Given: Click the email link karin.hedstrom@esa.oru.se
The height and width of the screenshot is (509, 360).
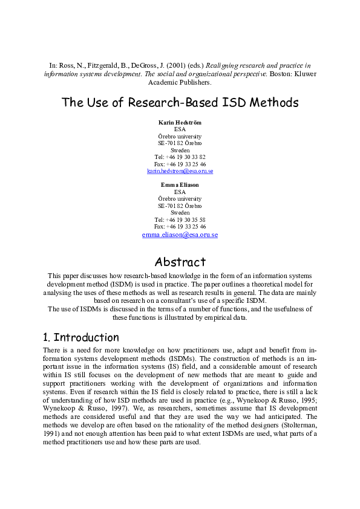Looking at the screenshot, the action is point(180,171).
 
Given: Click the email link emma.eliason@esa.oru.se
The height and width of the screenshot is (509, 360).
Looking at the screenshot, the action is point(180,235).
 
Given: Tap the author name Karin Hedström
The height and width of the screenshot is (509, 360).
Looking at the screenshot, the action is point(180,122).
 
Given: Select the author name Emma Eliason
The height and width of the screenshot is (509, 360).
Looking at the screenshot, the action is point(180,184).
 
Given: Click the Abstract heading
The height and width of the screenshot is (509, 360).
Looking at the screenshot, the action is point(180,262).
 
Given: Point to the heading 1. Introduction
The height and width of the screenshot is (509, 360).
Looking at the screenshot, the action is point(81,337).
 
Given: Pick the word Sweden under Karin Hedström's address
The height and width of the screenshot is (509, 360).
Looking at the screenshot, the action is point(180,150).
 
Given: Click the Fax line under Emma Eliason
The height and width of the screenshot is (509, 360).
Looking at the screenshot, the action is point(180,227).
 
